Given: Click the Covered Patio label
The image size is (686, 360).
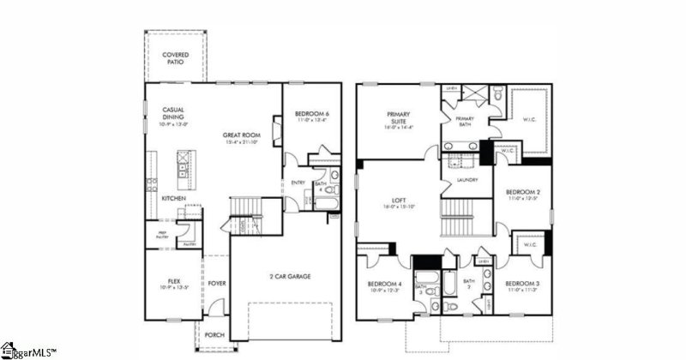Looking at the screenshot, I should click(176, 58).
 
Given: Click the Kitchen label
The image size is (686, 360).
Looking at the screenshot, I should click(174, 198).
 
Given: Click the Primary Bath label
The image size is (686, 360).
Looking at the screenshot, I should click(465, 121).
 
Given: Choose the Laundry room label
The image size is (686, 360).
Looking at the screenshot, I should click(467, 180).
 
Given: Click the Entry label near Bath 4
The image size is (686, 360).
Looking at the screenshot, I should click(298, 182).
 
